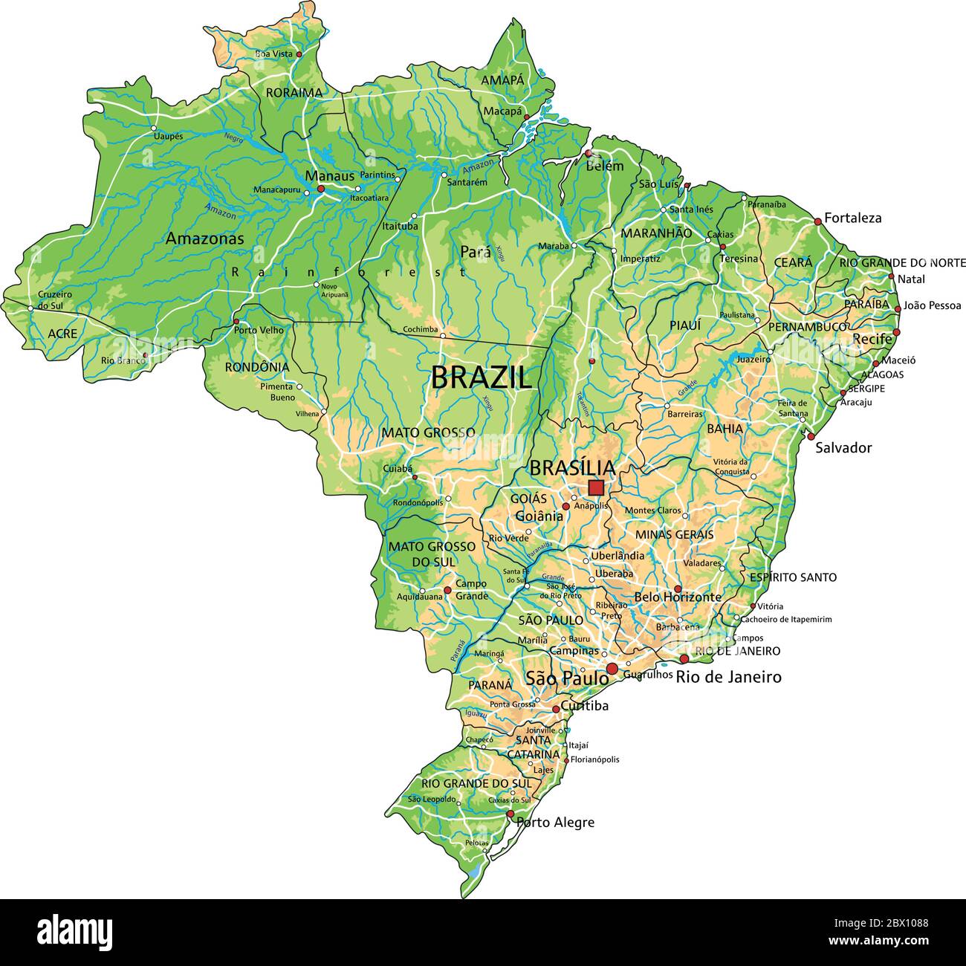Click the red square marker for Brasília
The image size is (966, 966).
[x=595, y=487]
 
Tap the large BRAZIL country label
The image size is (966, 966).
[x=482, y=378]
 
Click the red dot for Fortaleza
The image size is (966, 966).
[x=817, y=221]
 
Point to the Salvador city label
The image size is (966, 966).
[x=843, y=447]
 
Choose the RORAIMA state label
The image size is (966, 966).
[x=294, y=93]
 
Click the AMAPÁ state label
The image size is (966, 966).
[x=502, y=80]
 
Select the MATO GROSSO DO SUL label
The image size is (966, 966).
[x=422, y=554]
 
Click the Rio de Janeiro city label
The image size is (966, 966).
[x=728, y=677]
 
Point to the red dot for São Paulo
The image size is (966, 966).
[x=612, y=670]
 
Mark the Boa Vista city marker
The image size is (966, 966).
[x=299, y=54]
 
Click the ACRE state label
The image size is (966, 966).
[x=62, y=334]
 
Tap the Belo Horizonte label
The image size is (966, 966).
[x=678, y=597]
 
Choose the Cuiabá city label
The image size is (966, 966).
[x=396, y=469]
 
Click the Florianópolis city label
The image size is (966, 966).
[x=594, y=759]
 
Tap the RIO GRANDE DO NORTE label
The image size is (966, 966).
[x=902, y=263]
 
